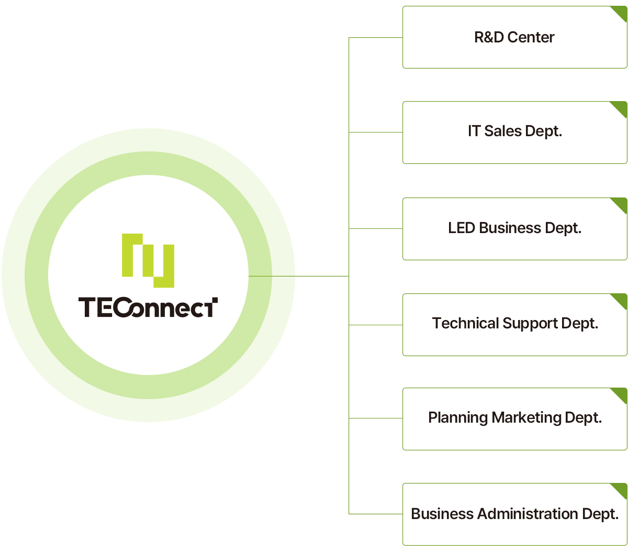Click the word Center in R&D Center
click(x=531, y=37)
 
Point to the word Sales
click(x=502, y=131)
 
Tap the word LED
click(x=461, y=228)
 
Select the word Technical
click(x=465, y=323)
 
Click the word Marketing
click(x=527, y=417)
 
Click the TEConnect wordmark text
click(x=148, y=307)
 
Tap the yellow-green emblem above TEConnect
click(x=148, y=260)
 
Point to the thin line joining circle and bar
click(x=314, y=275)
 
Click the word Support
click(x=530, y=324)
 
